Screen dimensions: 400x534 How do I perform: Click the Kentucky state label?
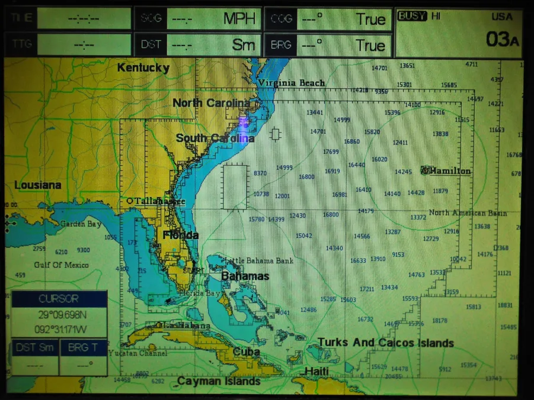143,67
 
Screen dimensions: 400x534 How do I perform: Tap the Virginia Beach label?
291,83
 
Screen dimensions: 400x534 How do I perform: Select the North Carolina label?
210,103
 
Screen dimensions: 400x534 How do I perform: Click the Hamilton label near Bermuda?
449,171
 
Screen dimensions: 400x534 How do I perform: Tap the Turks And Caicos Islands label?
385,343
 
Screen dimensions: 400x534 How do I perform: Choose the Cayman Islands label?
219,381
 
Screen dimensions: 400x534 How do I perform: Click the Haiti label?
316,371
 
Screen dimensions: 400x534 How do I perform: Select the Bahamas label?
245,276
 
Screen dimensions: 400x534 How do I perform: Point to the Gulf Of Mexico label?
61,264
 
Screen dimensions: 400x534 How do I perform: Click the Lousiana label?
38,185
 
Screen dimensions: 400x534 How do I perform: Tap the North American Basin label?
468,213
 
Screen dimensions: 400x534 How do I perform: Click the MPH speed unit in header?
239,19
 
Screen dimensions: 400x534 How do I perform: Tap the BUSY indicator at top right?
412,16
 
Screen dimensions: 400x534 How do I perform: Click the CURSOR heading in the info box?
58,299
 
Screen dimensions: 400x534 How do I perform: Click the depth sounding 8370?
260,173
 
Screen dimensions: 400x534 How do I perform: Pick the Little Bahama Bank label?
259,260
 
